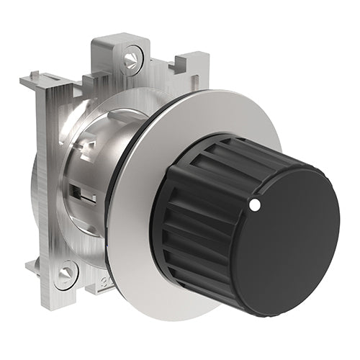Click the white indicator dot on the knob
pos(254,206)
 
